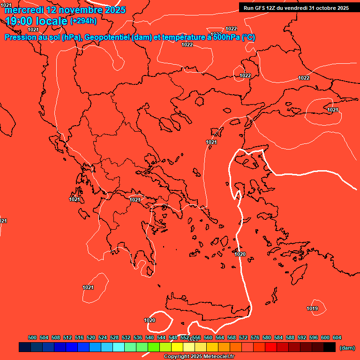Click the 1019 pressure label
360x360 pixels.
point(312,308)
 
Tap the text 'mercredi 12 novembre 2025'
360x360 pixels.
point(65,9)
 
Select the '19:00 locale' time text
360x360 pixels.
point(37,21)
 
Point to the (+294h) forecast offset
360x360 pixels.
point(83,21)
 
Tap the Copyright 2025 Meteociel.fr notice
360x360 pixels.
point(199,357)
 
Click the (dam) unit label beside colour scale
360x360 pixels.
point(347,348)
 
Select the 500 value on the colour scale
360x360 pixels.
point(32,337)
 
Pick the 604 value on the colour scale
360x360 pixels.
point(337,337)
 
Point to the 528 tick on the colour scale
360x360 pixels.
point(114,337)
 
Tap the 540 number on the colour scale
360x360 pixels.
point(150,337)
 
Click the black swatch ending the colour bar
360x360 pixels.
point(330,347)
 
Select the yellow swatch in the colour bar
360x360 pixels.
point(177,347)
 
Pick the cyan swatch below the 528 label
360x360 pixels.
point(119,347)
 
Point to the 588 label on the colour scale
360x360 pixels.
point(290,337)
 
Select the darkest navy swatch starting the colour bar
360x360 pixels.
point(25,347)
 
